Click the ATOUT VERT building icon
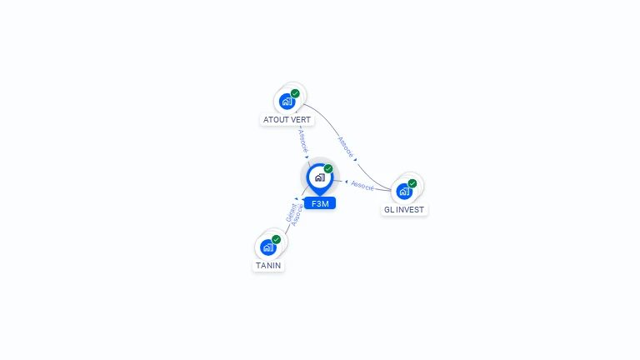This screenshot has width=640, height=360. pyautogui.click(x=287, y=102)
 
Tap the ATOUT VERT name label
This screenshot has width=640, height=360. pyautogui.click(x=287, y=120)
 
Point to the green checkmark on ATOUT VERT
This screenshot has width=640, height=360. pyautogui.click(x=295, y=93)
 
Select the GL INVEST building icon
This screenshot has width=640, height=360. pyautogui.click(x=404, y=192)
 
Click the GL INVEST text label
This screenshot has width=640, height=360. pyautogui.click(x=404, y=210)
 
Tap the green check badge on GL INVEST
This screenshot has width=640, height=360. pyautogui.click(x=412, y=183)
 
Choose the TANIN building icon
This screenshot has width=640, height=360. pyautogui.click(x=268, y=247)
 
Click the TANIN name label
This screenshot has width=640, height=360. pyautogui.click(x=268, y=266)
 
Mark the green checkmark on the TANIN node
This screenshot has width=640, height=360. pyautogui.click(x=277, y=239)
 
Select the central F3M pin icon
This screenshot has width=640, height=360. pyautogui.click(x=319, y=177)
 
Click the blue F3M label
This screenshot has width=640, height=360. pyautogui.click(x=320, y=203)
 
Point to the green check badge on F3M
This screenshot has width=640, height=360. pyautogui.click(x=328, y=168)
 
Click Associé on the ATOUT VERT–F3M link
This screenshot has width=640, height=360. pyautogui.click(x=302, y=139)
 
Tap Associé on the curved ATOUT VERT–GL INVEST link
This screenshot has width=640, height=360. pyautogui.click(x=346, y=147)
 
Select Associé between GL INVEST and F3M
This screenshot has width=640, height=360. pyautogui.click(x=362, y=185)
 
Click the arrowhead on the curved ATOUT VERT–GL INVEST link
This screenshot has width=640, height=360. pyautogui.click(x=356, y=159)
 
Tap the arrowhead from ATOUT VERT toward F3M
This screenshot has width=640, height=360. pyautogui.click(x=307, y=157)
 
